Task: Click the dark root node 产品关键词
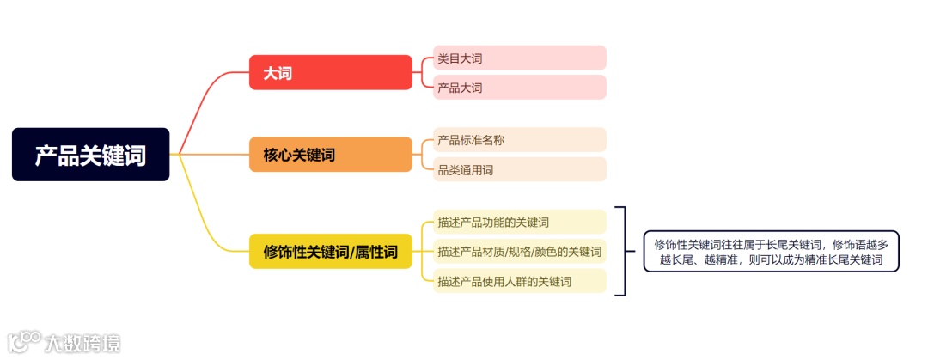click(90, 155)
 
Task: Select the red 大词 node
click(331, 73)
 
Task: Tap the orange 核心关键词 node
click(331, 155)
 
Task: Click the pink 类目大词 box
click(520, 58)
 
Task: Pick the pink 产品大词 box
click(520, 88)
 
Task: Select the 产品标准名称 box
click(520, 139)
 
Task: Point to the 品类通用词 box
click(520, 169)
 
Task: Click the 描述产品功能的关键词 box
click(520, 222)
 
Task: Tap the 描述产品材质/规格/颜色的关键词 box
click(520, 252)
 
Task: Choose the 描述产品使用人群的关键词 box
click(520, 281)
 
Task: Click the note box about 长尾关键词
click(771, 251)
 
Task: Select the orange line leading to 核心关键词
click(211, 155)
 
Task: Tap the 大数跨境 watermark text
click(82, 343)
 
